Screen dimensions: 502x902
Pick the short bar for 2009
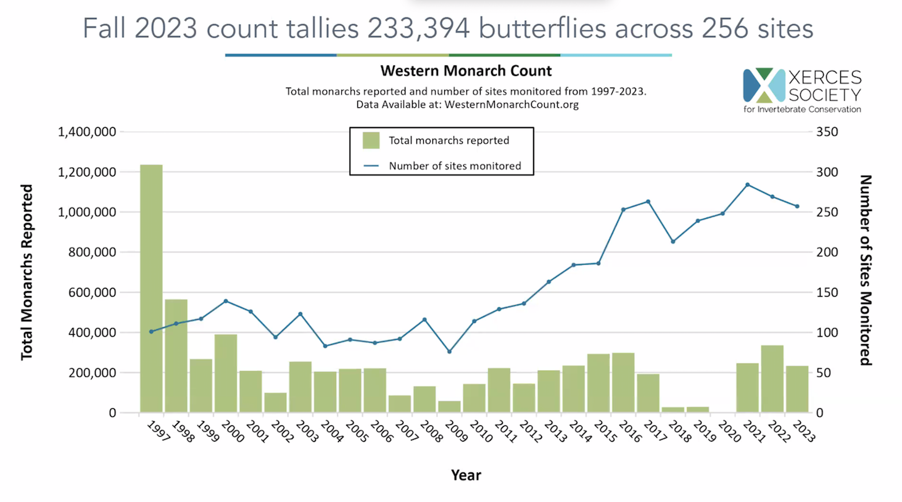(449, 406)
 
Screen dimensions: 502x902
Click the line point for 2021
(747, 184)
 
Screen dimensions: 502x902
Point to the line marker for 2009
(449, 352)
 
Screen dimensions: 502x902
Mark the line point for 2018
(672, 242)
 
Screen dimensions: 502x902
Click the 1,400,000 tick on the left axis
(87, 132)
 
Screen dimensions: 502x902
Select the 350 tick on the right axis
(827, 132)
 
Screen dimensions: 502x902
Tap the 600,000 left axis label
(87, 292)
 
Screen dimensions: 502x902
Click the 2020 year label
(729, 431)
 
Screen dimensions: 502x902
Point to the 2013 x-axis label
(555, 431)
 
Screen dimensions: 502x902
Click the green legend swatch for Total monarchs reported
(371, 140)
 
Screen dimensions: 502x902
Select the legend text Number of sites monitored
(455, 166)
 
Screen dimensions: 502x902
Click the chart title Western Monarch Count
(466, 71)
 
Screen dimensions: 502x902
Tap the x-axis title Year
(466, 475)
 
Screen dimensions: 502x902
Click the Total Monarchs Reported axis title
(27, 272)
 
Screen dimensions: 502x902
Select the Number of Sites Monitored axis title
(865, 270)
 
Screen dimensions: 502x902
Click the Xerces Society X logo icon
(764, 85)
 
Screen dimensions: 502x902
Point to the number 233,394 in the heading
(418, 28)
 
